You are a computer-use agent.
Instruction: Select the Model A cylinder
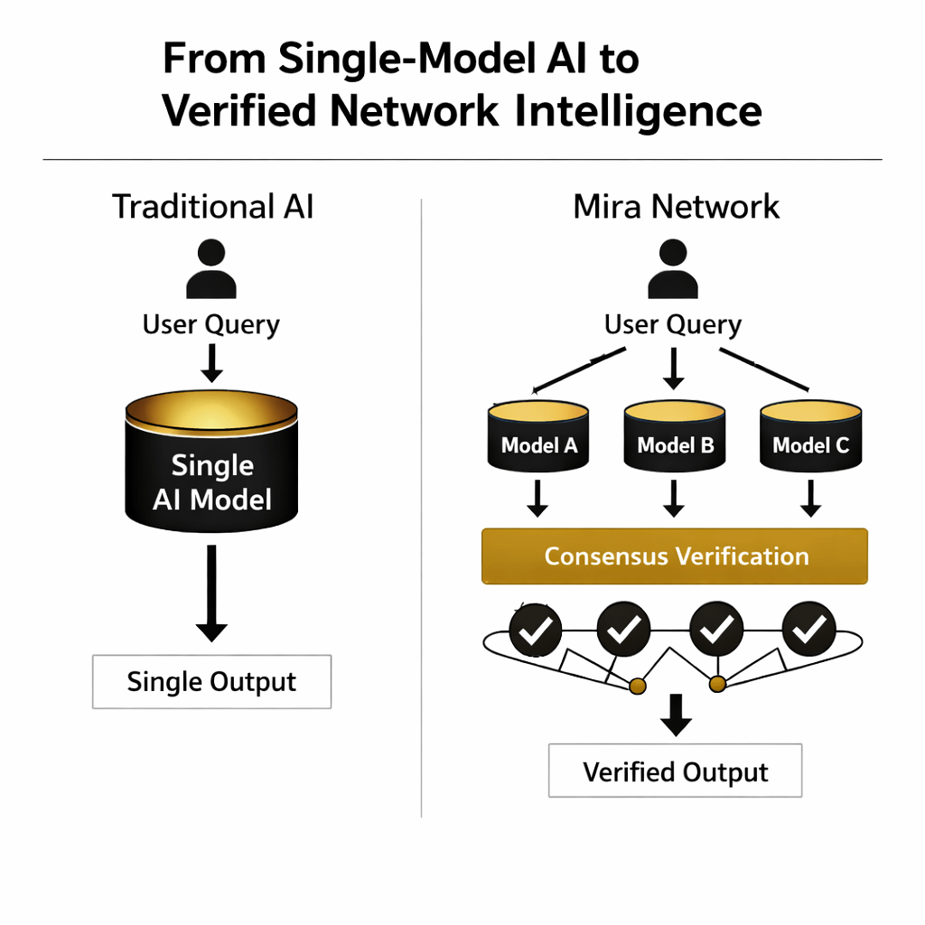click(x=538, y=436)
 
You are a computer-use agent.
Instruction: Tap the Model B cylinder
click(x=675, y=436)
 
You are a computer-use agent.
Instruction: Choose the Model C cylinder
click(x=810, y=436)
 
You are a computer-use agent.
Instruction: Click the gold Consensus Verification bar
click(x=676, y=556)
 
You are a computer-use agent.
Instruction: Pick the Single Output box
click(x=211, y=681)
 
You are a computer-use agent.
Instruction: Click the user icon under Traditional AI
click(x=211, y=269)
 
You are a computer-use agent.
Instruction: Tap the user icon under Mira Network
click(x=673, y=269)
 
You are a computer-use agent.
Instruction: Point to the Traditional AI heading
click(x=212, y=207)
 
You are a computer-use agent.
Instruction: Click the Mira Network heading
click(x=676, y=207)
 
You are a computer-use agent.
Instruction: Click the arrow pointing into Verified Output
click(x=675, y=715)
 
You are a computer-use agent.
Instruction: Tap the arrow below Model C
click(x=810, y=499)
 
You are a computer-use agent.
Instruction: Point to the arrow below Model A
click(x=537, y=499)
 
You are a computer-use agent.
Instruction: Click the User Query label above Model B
click(x=673, y=325)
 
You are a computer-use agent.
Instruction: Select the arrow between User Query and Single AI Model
click(x=211, y=362)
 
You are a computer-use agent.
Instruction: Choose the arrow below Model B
click(x=674, y=499)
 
